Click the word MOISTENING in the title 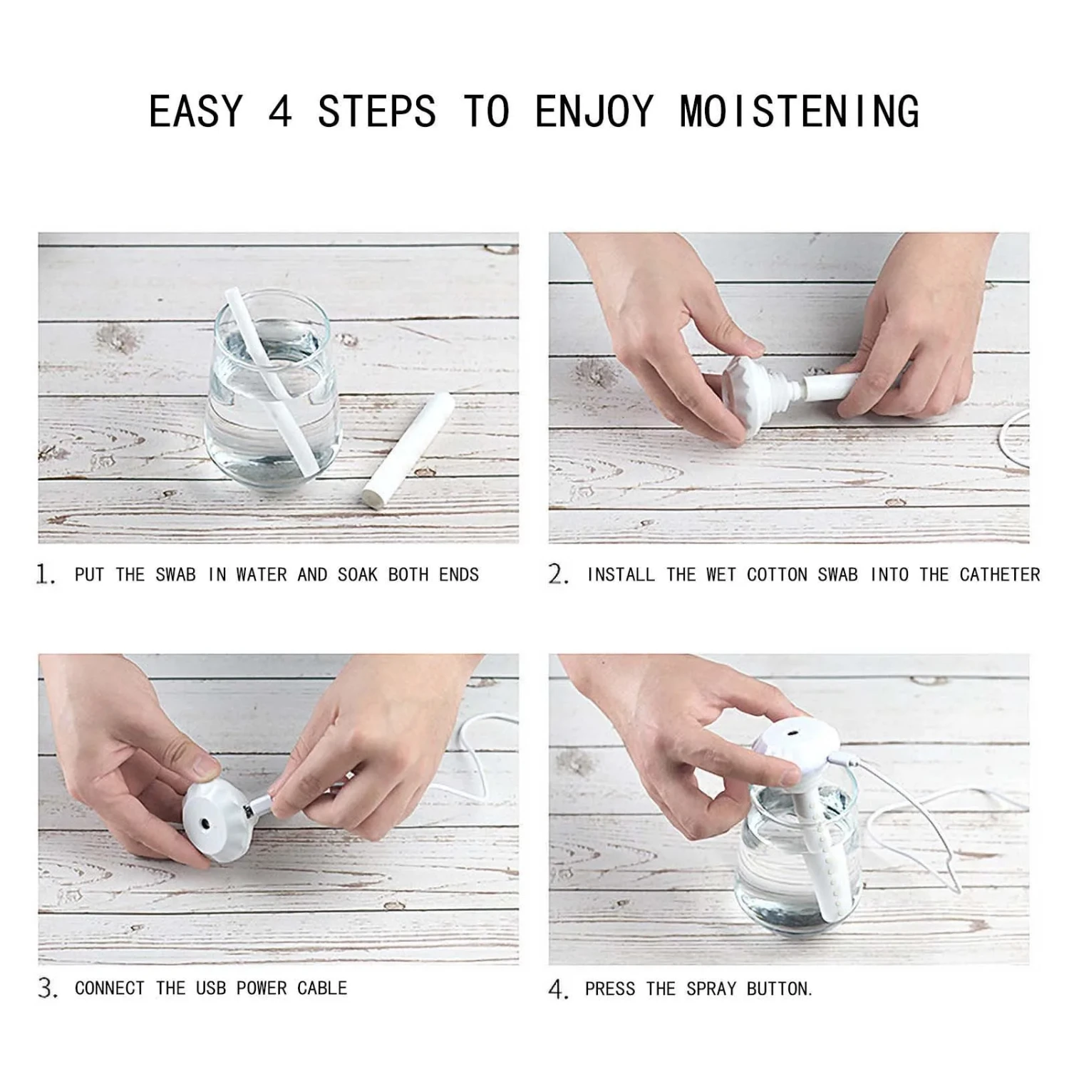(x=799, y=112)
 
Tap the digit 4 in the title (x=280, y=112)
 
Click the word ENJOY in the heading (x=594, y=112)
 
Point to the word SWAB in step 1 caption (x=175, y=574)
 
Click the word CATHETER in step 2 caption (x=999, y=574)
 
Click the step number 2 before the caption (x=558, y=574)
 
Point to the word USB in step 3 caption (x=211, y=988)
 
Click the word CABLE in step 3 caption (x=322, y=988)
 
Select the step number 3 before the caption (x=47, y=988)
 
